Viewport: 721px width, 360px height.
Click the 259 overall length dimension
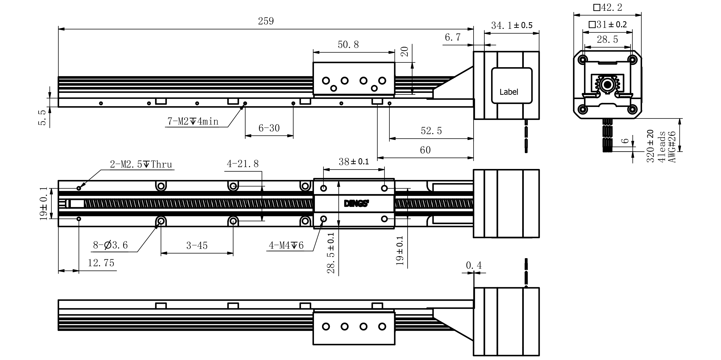point(266,21)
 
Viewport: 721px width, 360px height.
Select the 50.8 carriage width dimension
point(348,45)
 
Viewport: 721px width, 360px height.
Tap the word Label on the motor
point(509,92)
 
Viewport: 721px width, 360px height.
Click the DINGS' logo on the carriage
point(356,204)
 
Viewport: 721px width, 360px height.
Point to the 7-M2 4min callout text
point(193,121)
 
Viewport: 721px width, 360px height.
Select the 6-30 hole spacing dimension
point(269,128)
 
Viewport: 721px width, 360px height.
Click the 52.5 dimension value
point(431,131)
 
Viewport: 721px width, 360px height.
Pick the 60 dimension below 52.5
point(425,150)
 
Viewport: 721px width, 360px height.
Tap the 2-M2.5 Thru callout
point(141,164)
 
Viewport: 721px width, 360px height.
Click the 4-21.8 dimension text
point(243,164)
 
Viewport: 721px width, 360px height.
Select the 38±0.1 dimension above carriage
point(354,162)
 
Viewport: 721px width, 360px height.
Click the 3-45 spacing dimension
point(197,246)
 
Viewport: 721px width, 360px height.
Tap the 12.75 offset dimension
point(101,263)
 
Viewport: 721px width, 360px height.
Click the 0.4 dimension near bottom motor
point(473,265)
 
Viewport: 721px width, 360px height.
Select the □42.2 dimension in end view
point(607,8)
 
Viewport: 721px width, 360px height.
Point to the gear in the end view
point(607,85)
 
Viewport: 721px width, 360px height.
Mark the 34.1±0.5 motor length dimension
point(512,26)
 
